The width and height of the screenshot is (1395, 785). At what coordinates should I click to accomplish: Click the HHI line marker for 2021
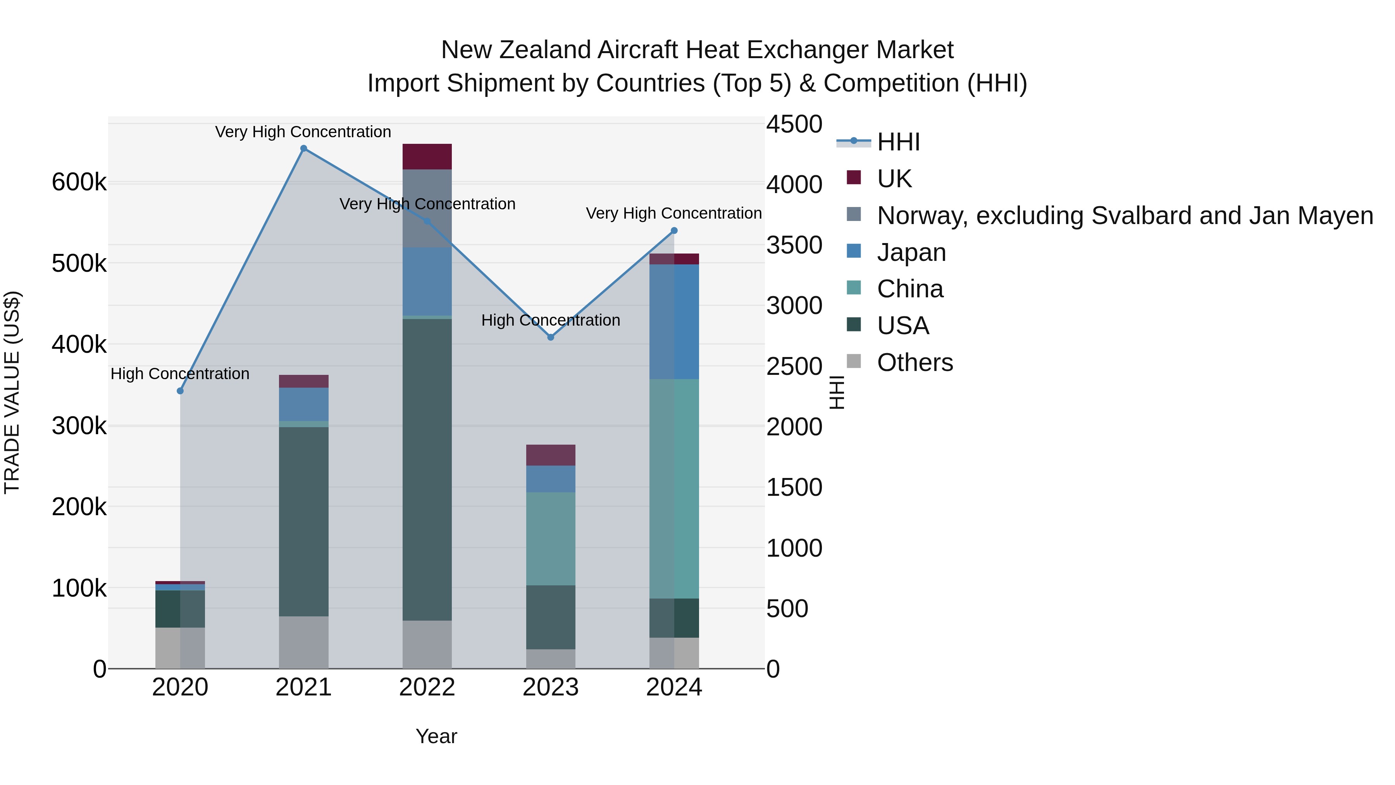point(303,148)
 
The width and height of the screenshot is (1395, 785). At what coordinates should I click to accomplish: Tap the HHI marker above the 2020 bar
point(180,391)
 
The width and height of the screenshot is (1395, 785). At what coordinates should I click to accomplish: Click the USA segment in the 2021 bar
point(303,521)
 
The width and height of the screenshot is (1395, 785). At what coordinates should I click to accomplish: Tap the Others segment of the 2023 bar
point(551,659)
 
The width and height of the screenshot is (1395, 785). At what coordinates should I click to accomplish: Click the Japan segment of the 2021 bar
point(303,404)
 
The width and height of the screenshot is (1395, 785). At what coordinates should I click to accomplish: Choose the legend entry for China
point(910,289)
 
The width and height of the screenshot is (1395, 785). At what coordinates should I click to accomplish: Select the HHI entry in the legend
point(898,142)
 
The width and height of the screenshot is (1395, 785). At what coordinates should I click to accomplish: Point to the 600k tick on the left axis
point(79,182)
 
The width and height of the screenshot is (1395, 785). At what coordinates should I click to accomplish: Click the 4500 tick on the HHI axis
point(794,124)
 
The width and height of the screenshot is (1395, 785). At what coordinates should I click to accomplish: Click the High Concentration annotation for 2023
point(551,320)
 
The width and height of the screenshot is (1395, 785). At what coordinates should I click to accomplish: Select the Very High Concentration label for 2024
point(674,214)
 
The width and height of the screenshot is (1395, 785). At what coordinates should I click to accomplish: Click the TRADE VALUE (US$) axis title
point(12,392)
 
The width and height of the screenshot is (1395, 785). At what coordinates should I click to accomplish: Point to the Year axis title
point(436,736)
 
